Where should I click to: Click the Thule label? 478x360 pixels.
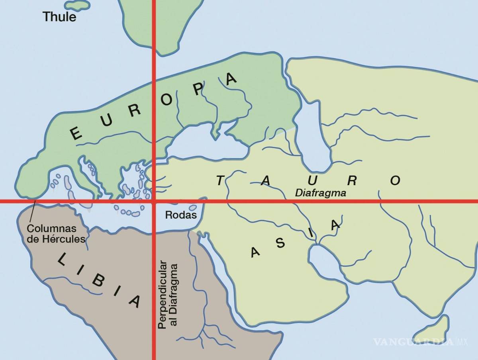pos(59,17)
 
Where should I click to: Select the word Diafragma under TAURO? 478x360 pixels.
pos(320,193)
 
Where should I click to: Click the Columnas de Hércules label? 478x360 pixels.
pos(56,234)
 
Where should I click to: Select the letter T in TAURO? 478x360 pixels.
pos(220,181)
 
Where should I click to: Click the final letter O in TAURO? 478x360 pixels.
pos(395,181)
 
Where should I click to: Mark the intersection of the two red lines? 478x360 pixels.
pos(153,202)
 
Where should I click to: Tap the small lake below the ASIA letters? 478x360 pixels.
pos(324,261)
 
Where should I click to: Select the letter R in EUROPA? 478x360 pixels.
pos(135,111)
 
